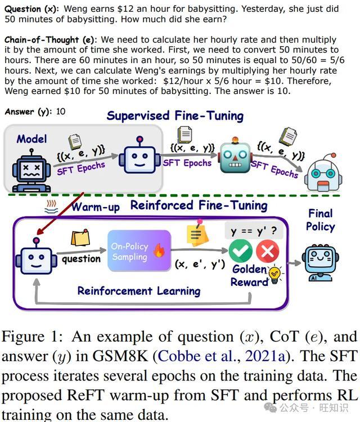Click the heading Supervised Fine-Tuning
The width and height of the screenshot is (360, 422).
175,116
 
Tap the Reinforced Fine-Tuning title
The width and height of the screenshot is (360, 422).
199,205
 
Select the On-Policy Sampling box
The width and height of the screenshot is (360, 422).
139,251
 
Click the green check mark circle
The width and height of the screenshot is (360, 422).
241,251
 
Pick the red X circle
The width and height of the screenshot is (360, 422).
267,251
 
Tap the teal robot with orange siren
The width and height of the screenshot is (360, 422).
236,155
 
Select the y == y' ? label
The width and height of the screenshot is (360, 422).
254,231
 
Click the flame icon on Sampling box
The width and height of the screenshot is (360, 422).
159,250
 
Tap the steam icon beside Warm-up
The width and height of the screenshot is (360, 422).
51,206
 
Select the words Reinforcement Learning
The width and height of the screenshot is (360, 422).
139,291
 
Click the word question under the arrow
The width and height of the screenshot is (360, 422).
81,259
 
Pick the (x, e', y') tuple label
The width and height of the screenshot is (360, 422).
200,264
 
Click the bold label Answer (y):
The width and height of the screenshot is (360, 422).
29,112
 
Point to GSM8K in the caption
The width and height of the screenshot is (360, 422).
120,356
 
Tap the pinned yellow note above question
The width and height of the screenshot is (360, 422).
80,237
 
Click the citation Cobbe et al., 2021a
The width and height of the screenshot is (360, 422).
222,356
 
